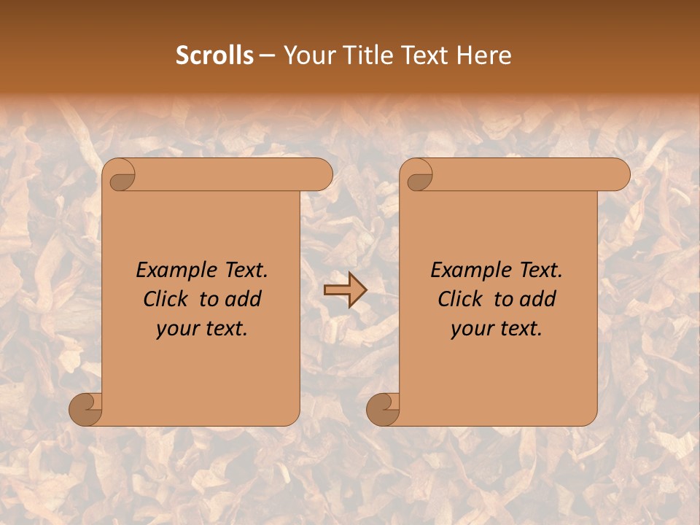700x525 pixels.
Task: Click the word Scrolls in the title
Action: [214, 55]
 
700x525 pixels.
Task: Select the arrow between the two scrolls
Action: [345, 290]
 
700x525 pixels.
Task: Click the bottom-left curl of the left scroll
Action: [86, 408]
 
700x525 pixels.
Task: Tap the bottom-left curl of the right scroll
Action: [384, 408]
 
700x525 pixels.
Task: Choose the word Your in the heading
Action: [308, 55]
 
